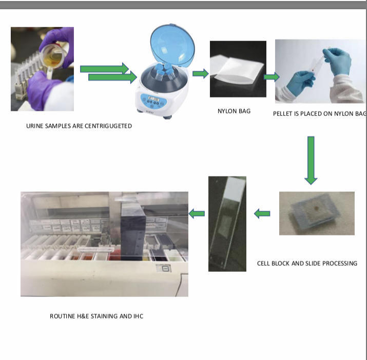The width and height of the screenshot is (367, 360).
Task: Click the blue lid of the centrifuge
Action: click(x=172, y=45)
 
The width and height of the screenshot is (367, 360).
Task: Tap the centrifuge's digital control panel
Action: click(x=154, y=101)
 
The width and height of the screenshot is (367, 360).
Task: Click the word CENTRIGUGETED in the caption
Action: click(x=108, y=126)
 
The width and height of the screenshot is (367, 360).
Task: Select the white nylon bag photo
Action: click(x=238, y=69)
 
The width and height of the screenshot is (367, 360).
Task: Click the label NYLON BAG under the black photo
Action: click(x=234, y=111)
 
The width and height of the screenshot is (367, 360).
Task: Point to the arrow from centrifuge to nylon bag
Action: click(x=201, y=74)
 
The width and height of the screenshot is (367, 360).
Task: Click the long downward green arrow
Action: click(x=311, y=161)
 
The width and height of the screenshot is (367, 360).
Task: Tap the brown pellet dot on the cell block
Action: click(x=317, y=208)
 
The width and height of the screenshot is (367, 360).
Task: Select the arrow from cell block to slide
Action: click(x=262, y=213)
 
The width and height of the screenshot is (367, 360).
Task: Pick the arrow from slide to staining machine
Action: click(x=197, y=213)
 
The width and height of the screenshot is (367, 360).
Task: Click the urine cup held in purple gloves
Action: click(x=53, y=56)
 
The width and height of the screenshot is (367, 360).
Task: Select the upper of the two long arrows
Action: click(x=104, y=69)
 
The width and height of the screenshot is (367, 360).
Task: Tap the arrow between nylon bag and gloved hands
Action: click(x=272, y=77)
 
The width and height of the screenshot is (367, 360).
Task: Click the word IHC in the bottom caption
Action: click(x=138, y=316)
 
